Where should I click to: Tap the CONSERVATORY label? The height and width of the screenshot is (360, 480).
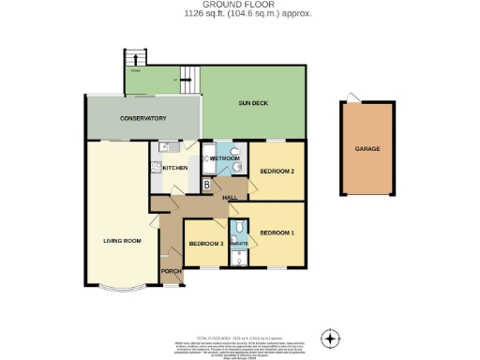click(x=142, y=119)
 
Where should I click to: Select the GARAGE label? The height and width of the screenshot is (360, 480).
click(x=367, y=148)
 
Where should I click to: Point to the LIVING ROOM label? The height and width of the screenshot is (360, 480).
click(x=122, y=241)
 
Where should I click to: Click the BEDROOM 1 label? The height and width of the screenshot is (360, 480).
click(x=277, y=232)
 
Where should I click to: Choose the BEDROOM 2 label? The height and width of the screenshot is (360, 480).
click(x=277, y=172)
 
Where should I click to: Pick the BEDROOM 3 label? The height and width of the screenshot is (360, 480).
click(x=205, y=244)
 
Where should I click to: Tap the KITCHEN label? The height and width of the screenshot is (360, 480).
click(x=177, y=169)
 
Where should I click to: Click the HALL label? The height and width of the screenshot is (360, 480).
click(x=229, y=198)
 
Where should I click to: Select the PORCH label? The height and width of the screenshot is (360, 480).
click(x=171, y=271)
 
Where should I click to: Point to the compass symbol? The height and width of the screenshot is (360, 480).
click(x=329, y=337)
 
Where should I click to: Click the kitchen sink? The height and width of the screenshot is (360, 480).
click(x=165, y=146)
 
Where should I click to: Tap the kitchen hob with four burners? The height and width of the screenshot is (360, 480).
click(x=156, y=169)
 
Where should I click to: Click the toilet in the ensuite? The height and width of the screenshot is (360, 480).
click(x=239, y=227)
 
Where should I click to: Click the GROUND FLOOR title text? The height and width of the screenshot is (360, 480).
click(x=239, y=5)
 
